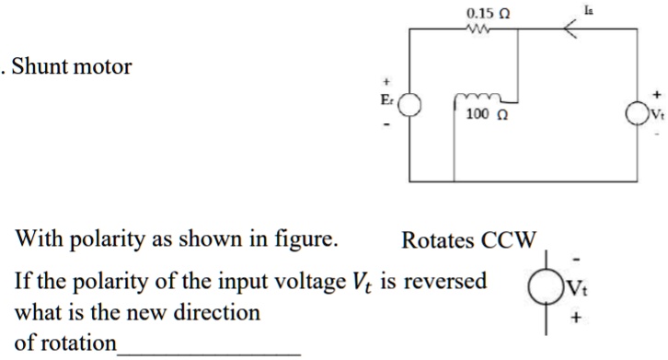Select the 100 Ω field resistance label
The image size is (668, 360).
tap(485, 115)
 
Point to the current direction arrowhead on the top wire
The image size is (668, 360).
tap(570, 30)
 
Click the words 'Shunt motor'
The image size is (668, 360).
tap(75, 67)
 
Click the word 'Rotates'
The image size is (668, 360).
tap(436, 242)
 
